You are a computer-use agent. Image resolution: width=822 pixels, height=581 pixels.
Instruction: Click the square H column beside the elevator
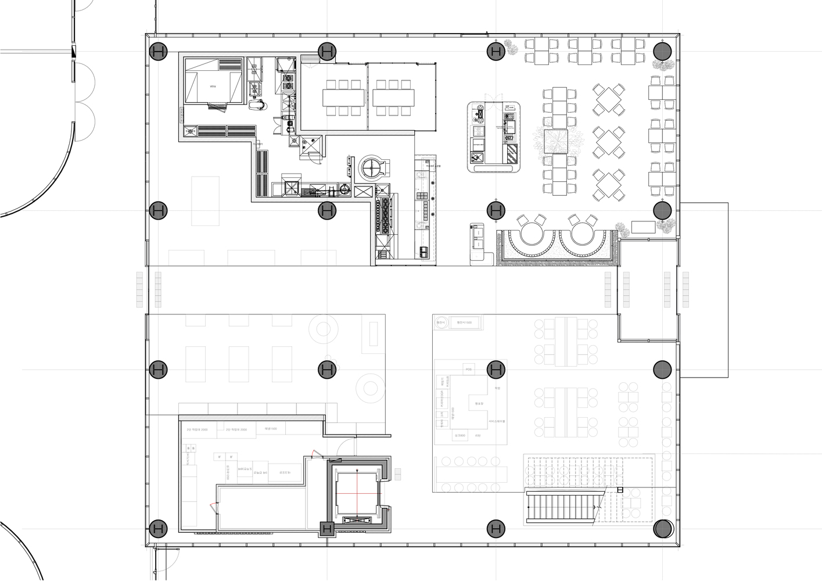click(327, 529)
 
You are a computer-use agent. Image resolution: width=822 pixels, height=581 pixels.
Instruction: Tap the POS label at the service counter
click(468, 370)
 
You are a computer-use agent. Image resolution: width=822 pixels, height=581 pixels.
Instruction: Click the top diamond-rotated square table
click(609, 99)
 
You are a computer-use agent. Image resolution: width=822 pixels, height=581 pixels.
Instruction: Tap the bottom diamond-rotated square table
click(609, 182)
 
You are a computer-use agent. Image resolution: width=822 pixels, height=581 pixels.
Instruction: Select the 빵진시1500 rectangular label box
click(464, 323)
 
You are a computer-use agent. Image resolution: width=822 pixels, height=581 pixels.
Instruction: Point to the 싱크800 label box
click(460, 435)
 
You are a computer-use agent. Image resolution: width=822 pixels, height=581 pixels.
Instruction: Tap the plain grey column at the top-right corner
click(662, 51)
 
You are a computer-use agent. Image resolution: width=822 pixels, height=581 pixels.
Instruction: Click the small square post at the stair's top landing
click(620, 490)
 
